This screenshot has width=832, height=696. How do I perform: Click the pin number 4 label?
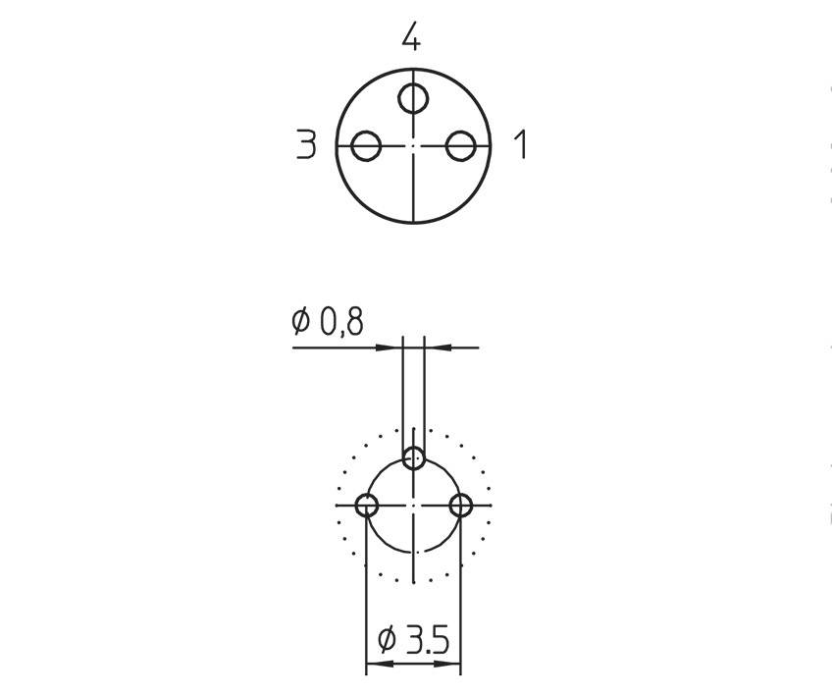click(411, 38)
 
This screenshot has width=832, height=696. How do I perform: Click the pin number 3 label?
click(306, 146)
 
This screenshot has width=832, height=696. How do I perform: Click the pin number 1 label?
click(521, 145)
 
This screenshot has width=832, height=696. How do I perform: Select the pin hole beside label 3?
click(366, 146)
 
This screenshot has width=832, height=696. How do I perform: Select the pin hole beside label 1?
click(460, 146)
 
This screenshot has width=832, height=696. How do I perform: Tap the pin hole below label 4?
click(413, 99)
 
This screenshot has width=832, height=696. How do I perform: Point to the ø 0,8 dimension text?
click(328, 320)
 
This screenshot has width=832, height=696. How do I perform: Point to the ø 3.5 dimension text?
click(413, 640)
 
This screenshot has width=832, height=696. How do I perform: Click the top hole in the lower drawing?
click(414, 457)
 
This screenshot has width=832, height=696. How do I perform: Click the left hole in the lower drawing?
click(367, 506)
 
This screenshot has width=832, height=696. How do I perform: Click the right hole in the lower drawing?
click(461, 506)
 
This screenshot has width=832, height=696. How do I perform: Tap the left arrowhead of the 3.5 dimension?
click(374, 666)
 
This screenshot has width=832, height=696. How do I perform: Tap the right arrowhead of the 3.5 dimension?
click(453, 666)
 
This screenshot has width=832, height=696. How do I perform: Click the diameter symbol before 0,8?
click(301, 320)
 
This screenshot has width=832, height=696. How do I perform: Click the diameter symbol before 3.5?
click(387, 640)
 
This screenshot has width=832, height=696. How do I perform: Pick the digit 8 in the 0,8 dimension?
click(354, 320)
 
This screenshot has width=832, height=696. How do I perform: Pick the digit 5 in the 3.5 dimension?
click(439, 640)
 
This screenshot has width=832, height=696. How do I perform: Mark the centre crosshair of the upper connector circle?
click(413, 146)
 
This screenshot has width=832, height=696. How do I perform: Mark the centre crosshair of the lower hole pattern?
click(414, 506)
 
